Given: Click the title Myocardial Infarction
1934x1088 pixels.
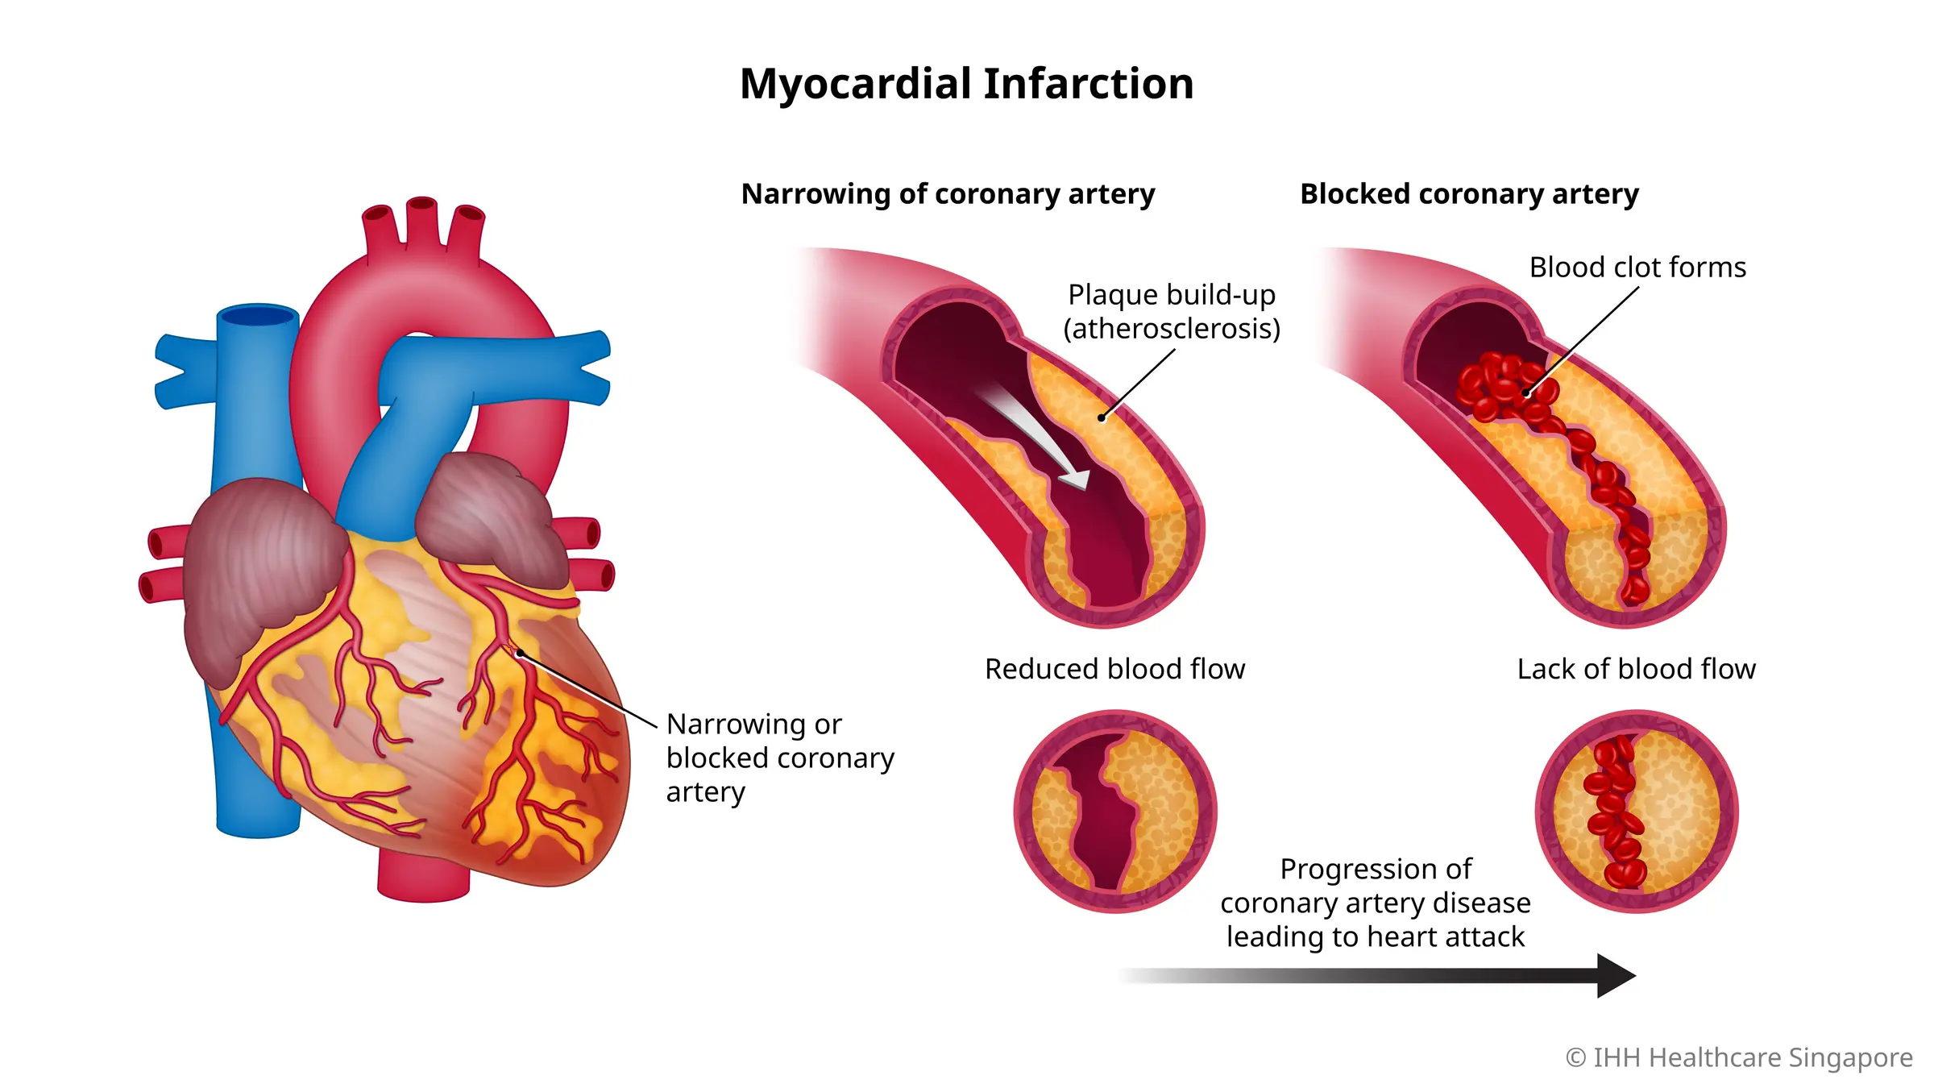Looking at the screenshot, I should pyautogui.click(x=966, y=84).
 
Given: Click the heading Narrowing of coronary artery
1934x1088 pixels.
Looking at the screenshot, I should pyautogui.click(x=948, y=194).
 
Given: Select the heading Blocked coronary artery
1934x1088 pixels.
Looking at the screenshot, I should pyautogui.click(x=1469, y=194).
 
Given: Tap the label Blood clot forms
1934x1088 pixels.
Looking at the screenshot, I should pyautogui.click(x=1637, y=267).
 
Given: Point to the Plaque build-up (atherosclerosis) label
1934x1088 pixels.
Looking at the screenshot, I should pyautogui.click(x=1172, y=311).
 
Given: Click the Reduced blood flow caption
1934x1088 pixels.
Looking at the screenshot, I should pyautogui.click(x=1114, y=669).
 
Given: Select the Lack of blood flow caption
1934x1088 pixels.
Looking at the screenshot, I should pyautogui.click(x=1636, y=669).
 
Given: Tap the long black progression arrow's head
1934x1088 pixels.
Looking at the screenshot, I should pyautogui.click(x=1615, y=976).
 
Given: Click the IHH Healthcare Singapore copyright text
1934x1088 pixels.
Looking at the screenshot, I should pyautogui.click(x=1739, y=1057).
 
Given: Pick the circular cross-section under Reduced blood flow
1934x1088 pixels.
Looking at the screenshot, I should pyautogui.click(x=1115, y=811).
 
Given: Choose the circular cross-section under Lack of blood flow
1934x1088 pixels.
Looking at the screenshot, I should pyautogui.click(x=1637, y=811).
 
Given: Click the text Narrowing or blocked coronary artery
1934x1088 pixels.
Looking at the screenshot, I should pyautogui.click(x=779, y=758).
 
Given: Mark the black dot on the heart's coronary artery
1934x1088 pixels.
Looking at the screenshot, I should pyautogui.click(x=521, y=653).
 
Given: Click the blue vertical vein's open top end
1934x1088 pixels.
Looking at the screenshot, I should pyautogui.click(x=258, y=315).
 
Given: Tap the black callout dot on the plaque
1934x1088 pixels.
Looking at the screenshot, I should pyautogui.click(x=1102, y=417).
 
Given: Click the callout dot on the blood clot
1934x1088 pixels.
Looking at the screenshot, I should pyautogui.click(x=1526, y=393).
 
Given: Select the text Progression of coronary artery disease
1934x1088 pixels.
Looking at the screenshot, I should pyautogui.click(x=1375, y=903).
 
